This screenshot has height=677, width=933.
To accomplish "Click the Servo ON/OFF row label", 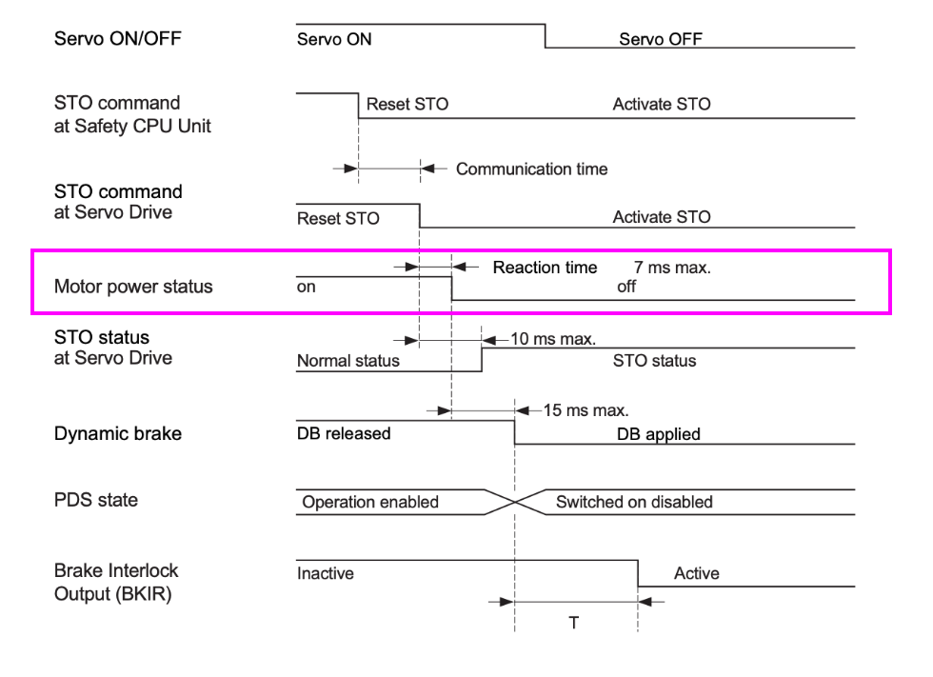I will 117,39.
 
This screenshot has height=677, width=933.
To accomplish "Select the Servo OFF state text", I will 660,39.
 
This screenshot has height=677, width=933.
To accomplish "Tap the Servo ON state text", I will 334,39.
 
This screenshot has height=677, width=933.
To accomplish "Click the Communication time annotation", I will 531,169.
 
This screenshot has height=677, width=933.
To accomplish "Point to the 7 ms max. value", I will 672,268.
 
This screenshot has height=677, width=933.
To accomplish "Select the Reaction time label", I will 545,268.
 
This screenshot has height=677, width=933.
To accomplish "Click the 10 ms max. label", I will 553,338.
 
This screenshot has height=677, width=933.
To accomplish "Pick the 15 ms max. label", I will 586,410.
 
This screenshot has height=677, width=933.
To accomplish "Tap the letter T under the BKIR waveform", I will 574,624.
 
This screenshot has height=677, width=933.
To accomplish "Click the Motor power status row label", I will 133,287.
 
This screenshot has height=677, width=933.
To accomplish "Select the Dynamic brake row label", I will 117,433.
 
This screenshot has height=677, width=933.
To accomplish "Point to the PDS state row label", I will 95,500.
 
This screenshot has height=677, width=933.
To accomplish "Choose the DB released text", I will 344,433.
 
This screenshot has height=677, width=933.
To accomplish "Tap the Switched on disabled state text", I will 634,502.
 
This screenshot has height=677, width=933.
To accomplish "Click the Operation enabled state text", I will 370,502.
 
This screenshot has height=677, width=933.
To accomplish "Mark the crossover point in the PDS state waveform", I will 515,501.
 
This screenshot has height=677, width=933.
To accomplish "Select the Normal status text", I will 348,361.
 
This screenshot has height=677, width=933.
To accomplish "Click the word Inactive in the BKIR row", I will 326,573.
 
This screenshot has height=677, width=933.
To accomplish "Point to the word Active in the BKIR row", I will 696,573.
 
